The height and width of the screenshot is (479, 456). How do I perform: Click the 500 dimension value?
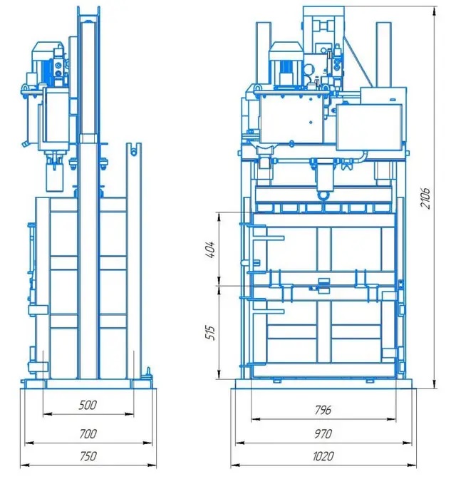[x=88, y=405]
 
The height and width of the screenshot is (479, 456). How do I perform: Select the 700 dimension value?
[x=88, y=433]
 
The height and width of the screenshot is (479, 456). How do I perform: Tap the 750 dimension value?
[x=88, y=456]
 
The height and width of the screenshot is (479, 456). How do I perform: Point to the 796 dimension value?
[x=323, y=410]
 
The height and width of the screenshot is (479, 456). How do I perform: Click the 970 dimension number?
[x=323, y=433]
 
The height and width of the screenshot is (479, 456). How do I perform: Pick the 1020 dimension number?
[x=323, y=456]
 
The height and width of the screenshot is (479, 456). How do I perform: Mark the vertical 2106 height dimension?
[x=425, y=198]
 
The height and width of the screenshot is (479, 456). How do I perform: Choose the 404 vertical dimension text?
[x=211, y=249]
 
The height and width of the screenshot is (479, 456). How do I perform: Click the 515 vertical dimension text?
[x=211, y=333]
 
